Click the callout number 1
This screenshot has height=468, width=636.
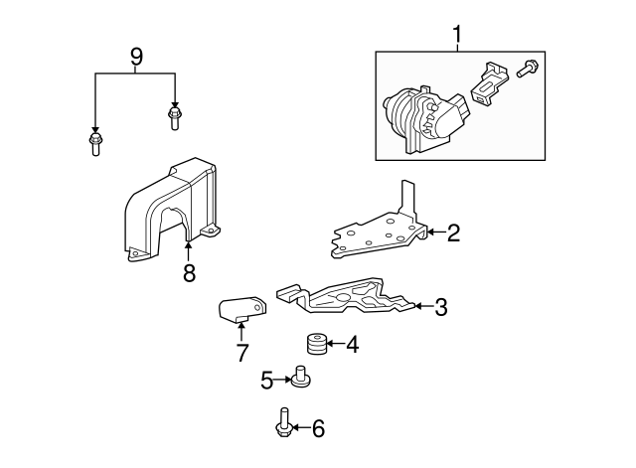coord(458,36)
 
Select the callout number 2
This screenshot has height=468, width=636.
coord(453,234)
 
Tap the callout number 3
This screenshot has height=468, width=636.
coord(440,307)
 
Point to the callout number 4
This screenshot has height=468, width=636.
coord(351,345)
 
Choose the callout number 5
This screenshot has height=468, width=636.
coord(267,379)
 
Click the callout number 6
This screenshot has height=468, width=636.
coord(317,429)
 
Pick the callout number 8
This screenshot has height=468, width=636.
coord(189,272)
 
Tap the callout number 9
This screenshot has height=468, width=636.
coord(136,57)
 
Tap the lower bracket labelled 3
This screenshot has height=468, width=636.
coord(348,298)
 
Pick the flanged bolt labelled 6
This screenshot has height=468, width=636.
coord(284,424)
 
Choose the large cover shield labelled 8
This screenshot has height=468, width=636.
coord(169,214)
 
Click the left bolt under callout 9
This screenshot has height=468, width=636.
coord(95,146)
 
